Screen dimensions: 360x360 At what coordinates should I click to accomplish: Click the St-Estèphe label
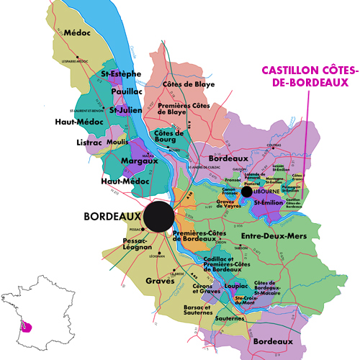pos(121,73)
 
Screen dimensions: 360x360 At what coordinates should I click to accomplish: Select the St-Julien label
pos(124,110)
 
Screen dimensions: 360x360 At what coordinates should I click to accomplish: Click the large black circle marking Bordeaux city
pos(158,216)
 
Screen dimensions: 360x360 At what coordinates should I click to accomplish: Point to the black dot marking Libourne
pos(247,192)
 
